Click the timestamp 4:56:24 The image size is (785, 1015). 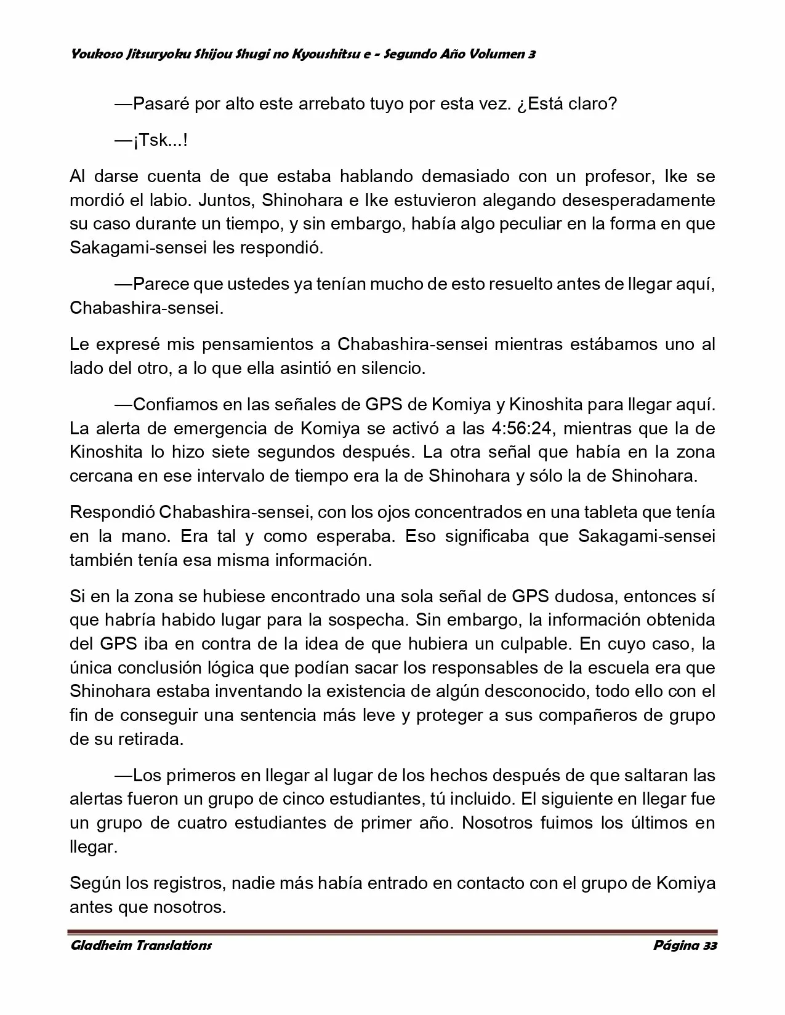click(x=523, y=429)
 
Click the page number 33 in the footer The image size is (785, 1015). click(x=709, y=945)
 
